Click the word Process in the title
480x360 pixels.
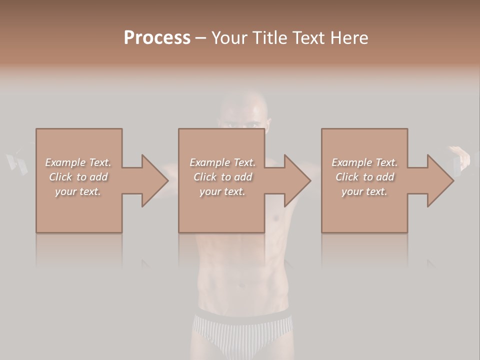(x=157, y=38)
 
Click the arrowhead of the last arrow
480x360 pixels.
(x=440, y=180)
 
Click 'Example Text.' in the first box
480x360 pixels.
(x=78, y=162)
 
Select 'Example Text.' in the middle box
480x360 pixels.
(x=222, y=162)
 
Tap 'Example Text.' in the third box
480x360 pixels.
(x=364, y=162)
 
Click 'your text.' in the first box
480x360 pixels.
(x=78, y=191)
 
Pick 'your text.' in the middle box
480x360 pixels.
(x=222, y=191)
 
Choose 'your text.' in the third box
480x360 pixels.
(x=364, y=191)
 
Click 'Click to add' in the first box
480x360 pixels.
(x=78, y=177)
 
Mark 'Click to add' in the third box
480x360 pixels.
(x=364, y=177)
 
